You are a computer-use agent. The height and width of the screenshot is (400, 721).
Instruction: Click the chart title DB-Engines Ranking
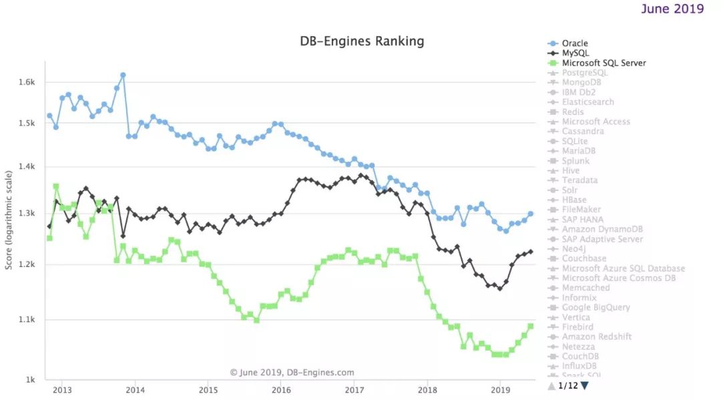pos(362,41)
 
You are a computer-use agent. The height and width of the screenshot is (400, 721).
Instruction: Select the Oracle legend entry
pos(575,43)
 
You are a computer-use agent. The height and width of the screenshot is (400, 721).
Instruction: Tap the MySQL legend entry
pos(575,53)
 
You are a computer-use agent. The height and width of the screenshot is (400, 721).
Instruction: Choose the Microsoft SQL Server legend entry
pos(604,63)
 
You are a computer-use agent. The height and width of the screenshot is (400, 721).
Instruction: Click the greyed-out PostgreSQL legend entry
pos(585,73)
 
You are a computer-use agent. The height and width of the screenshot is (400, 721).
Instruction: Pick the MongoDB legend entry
pos(581,83)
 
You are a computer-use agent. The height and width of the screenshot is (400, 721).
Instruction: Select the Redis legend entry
pos(573,112)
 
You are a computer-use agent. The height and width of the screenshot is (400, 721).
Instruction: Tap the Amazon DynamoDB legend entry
pos(602,229)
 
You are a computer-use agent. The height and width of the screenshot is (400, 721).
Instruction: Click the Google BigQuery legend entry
pos(596,308)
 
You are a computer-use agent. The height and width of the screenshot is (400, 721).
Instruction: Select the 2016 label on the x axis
pos(281,389)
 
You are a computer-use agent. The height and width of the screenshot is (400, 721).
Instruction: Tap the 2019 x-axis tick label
pos(500,389)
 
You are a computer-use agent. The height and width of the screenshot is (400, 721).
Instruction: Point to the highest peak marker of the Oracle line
pos(123,75)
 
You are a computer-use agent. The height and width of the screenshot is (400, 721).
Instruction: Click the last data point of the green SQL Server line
pos(531,326)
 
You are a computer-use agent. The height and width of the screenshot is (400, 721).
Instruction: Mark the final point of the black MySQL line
pos(531,252)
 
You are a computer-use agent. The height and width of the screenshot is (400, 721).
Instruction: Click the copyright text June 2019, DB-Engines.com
pos(292,373)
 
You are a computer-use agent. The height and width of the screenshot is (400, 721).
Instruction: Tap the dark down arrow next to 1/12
pos(585,385)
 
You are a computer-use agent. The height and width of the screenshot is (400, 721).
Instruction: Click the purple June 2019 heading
pos(672,9)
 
